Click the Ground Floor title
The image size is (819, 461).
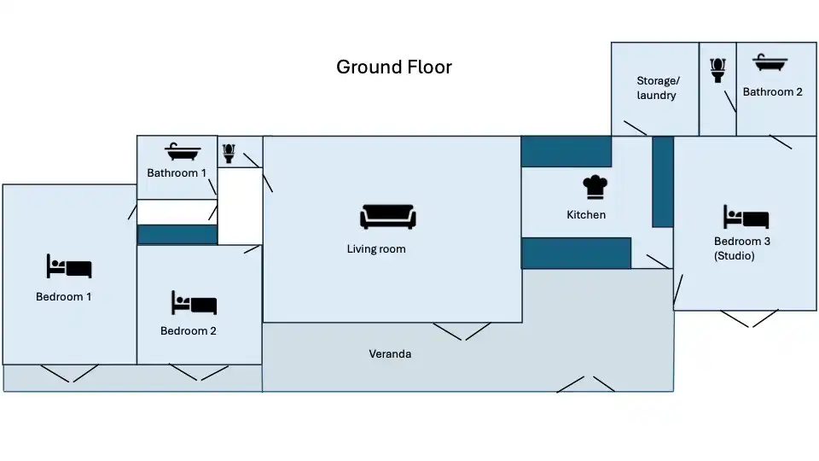tap(394, 67)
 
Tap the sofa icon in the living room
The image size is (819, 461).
tap(388, 216)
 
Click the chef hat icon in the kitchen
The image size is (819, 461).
tap(595, 187)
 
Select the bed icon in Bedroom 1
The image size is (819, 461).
tap(69, 266)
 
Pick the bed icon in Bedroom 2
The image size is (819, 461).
tap(195, 302)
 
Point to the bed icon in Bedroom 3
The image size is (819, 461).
tap(746, 217)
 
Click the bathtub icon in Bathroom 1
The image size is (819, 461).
tap(183, 152)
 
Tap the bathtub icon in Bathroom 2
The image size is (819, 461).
tap(770, 62)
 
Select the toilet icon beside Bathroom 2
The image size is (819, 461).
tap(718, 70)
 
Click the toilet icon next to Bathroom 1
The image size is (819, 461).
tap(229, 154)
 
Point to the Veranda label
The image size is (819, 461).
tap(390, 353)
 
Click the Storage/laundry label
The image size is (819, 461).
tap(657, 88)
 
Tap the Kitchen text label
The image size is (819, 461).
tap(586, 215)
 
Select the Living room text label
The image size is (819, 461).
tap(376, 248)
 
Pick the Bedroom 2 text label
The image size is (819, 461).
tap(188, 331)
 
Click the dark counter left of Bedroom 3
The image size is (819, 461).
tap(663, 182)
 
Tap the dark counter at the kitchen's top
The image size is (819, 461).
tap(566, 152)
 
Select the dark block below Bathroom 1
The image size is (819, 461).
tap(177, 235)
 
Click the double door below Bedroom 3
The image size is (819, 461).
tap(750, 318)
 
